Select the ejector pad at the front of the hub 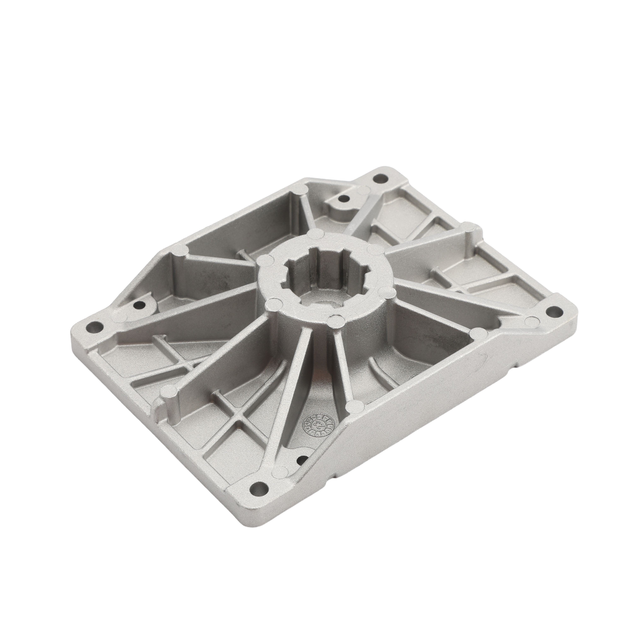click(x=335, y=321)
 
